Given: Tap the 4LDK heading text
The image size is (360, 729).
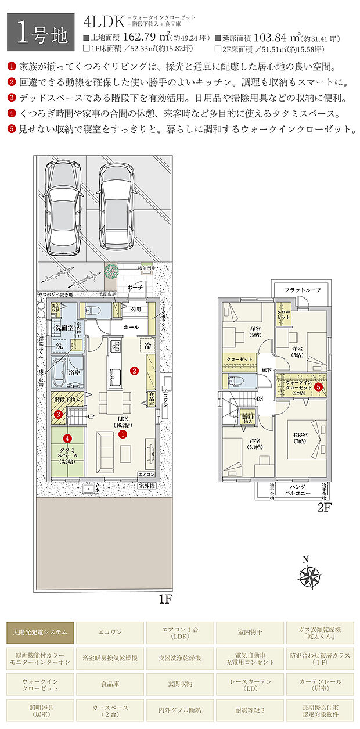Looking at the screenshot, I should point(105,23).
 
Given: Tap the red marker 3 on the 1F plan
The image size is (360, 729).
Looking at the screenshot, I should point(59,415).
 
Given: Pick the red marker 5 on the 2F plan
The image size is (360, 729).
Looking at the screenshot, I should point(318,386).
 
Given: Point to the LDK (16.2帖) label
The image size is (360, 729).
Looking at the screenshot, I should point(123,421).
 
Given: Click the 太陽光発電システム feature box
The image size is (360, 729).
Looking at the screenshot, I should point(39,632).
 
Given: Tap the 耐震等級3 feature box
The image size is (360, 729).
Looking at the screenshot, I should point(250,710).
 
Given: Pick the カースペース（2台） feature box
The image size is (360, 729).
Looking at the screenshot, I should point(110,710).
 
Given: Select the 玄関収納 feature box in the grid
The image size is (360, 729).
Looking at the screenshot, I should point(180,684).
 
